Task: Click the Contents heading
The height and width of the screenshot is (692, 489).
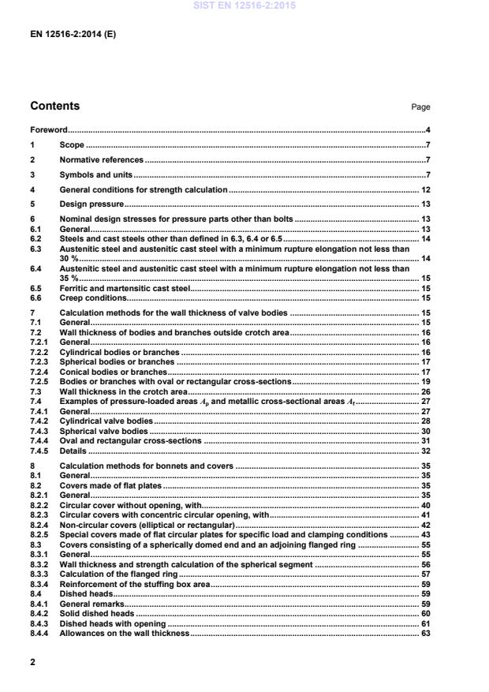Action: coord(54,106)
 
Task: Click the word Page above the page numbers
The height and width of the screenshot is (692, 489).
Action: coord(421,107)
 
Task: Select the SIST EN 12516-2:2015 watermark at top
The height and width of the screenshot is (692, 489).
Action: coord(244,6)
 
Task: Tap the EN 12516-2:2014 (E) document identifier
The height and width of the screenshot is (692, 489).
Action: coord(73,35)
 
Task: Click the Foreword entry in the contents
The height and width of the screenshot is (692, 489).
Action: coord(48,129)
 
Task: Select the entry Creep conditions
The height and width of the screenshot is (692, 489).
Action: coord(93,298)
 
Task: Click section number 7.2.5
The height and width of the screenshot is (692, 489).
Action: coord(39,381)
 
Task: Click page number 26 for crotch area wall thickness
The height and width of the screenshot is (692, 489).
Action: coord(425,391)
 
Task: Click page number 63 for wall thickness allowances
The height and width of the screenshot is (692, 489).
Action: coord(425,634)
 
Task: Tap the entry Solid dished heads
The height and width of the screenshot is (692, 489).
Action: coord(92,614)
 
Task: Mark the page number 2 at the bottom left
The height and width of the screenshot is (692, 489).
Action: coord(32,663)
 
